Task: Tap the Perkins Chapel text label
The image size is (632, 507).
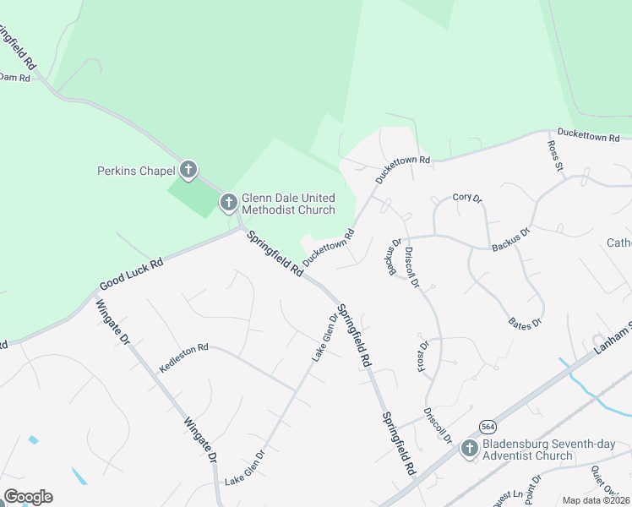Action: pyautogui.click(x=134, y=172)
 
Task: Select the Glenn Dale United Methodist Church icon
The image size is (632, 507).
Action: pyautogui.click(x=228, y=203)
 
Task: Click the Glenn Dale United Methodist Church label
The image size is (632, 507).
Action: pyautogui.click(x=288, y=203)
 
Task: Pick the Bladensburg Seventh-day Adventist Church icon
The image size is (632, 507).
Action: pyautogui.click(x=470, y=449)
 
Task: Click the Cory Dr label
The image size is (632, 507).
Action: pyautogui.click(x=466, y=198)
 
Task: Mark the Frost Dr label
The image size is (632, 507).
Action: pyautogui.click(x=423, y=356)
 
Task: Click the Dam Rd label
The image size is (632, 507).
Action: pyautogui.click(x=14, y=77)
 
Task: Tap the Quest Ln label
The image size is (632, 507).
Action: pyautogui.click(x=505, y=498)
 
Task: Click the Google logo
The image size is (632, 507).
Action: pyautogui.click(x=28, y=497)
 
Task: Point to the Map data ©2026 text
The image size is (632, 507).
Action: pyautogui.click(x=596, y=500)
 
